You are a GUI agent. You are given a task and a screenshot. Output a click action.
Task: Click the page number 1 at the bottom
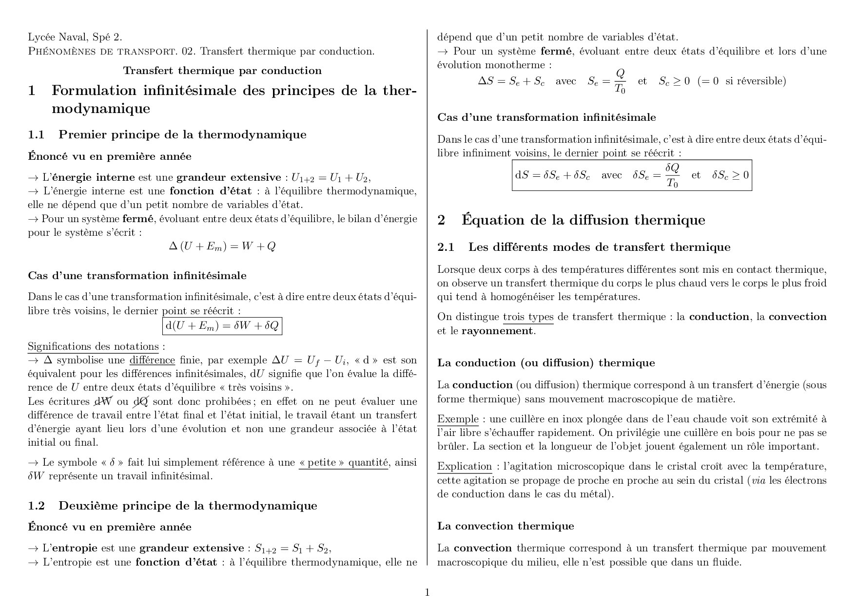pos(427,592)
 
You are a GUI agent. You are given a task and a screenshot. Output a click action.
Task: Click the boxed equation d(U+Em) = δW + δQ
pos(222,326)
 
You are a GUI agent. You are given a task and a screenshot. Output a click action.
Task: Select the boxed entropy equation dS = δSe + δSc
pos(632,175)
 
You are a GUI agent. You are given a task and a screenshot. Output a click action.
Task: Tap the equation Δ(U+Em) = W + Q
pos(222,246)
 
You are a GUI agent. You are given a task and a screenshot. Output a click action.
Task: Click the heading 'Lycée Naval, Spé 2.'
pos(75,37)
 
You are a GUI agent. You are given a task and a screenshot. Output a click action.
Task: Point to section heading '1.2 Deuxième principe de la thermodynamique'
pos(173,506)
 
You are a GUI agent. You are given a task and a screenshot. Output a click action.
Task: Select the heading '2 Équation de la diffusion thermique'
pos(571,220)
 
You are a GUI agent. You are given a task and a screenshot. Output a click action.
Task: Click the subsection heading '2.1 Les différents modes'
pos(584,247)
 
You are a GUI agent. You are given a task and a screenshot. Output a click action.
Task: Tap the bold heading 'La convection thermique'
pos(505,526)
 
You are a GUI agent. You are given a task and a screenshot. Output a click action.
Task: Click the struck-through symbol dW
pos(103,401)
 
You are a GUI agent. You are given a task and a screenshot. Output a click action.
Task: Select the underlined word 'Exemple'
pos(458,419)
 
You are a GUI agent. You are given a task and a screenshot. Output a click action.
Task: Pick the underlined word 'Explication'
pos(465,466)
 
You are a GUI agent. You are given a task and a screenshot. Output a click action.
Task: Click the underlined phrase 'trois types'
pos(528,317)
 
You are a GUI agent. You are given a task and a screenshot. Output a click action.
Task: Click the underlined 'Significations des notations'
pos(93,346)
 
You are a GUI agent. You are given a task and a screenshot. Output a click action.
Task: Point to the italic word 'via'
pos(758,480)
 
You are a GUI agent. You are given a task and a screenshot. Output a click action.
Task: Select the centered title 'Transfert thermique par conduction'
pos(222,71)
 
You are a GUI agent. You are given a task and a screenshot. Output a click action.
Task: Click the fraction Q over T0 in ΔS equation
pos(620,81)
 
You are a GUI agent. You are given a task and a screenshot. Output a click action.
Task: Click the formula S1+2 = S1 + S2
pos(292,548)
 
